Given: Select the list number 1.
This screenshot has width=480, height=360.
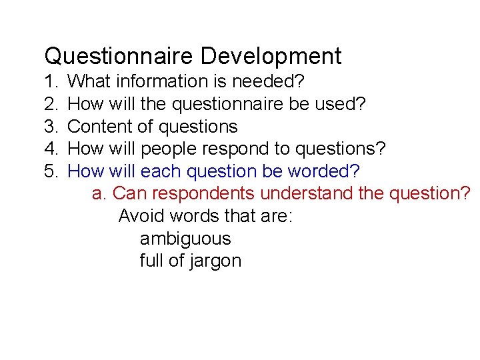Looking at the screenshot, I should coord(50,82).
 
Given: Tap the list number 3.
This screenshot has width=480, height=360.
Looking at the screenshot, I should coord(50,127).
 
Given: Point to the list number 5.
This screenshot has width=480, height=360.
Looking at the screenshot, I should coord(50,171).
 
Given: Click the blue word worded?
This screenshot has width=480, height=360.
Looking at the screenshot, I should coord(323,171).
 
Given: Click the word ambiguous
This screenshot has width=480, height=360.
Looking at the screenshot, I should coord(185,239).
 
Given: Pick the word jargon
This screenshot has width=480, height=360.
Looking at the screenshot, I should coord(215,261).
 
